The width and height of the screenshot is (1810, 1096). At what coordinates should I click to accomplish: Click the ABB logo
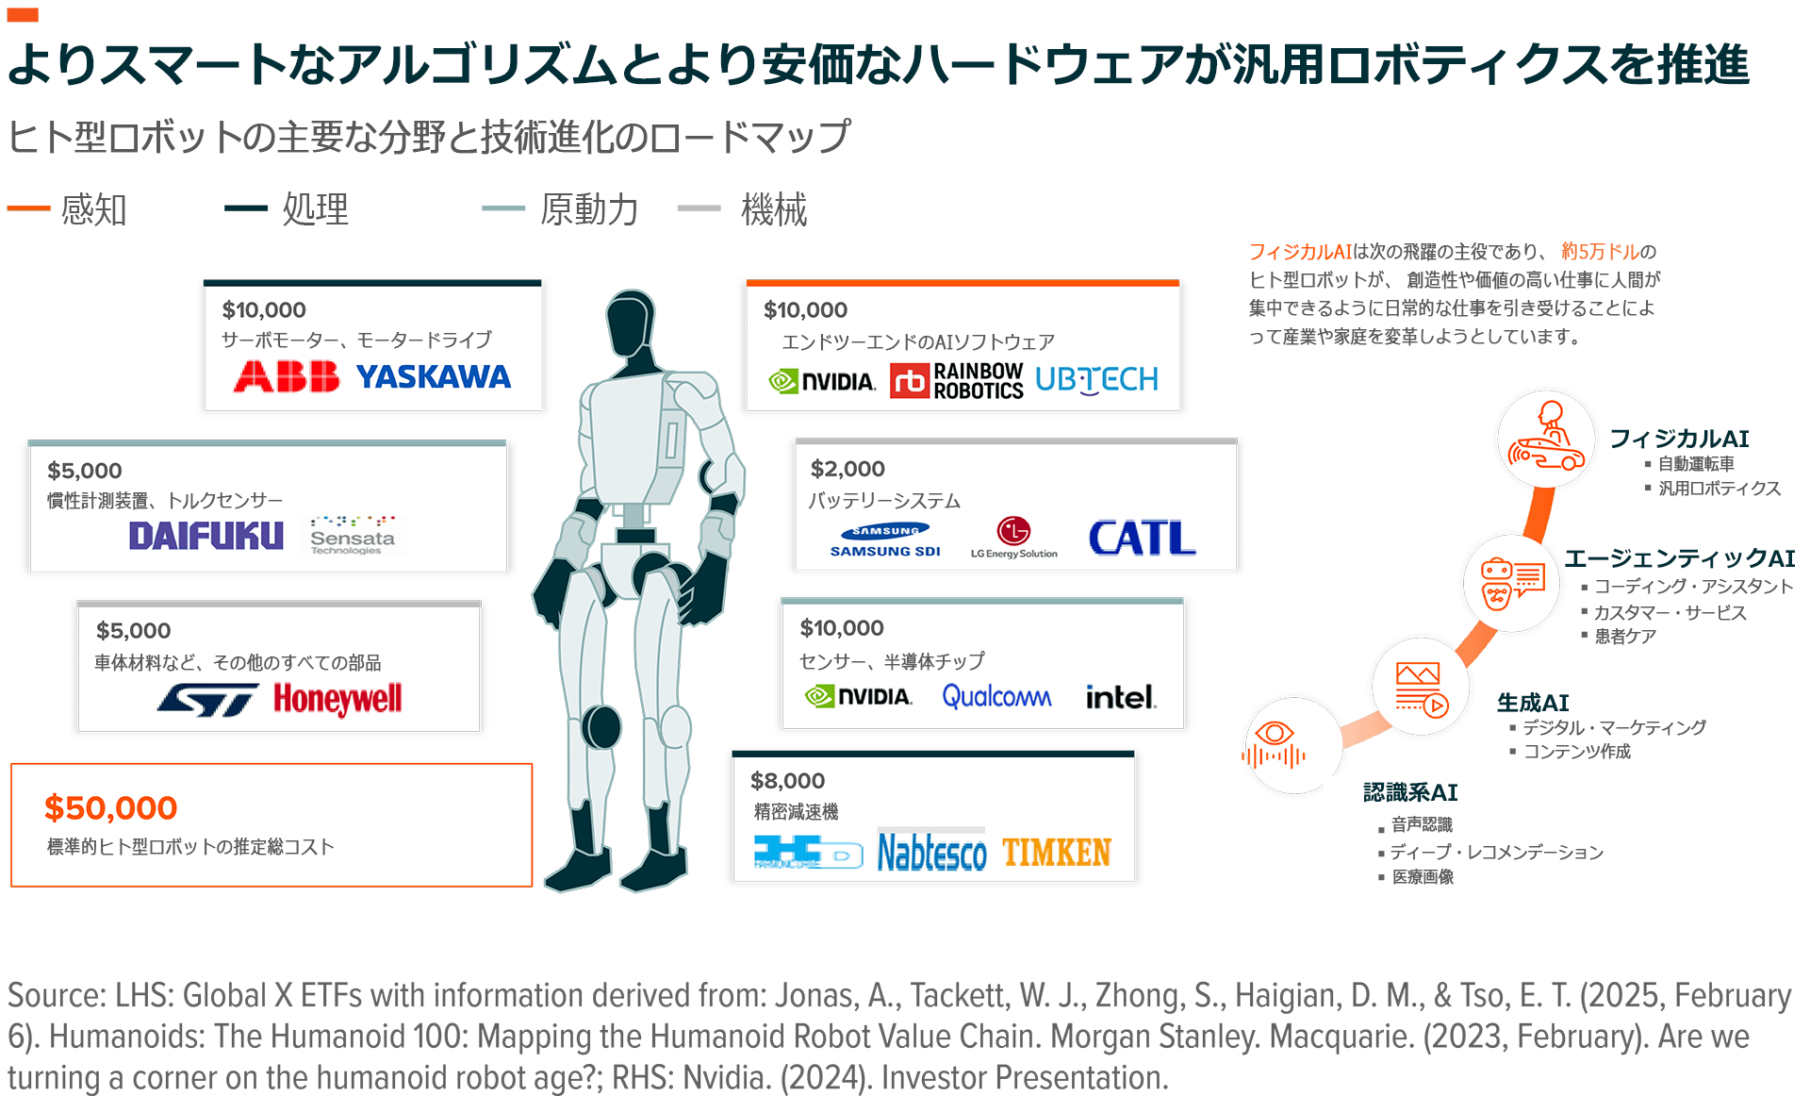click(x=286, y=376)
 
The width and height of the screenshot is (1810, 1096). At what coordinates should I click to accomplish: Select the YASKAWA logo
click(x=433, y=377)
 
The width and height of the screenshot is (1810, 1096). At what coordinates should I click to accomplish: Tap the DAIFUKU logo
click(x=206, y=536)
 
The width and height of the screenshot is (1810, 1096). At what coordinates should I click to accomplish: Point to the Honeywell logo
click(x=337, y=699)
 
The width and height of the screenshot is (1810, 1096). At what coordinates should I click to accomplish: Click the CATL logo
click(x=1142, y=538)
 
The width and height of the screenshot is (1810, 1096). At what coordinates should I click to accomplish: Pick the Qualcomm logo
click(x=996, y=697)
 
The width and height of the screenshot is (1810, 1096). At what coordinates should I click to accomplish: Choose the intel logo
click(x=1120, y=697)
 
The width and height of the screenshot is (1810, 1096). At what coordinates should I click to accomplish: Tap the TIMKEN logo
click(x=1057, y=853)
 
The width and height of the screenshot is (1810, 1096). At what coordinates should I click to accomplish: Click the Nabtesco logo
click(x=931, y=853)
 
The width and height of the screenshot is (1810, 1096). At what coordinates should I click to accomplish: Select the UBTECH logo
click(x=1096, y=380)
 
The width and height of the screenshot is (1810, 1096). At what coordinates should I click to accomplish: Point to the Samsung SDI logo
click(x=884, y=540)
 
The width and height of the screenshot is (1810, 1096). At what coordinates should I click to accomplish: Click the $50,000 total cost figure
click(x=110, y=808)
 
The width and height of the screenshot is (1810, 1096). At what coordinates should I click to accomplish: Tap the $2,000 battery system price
click(x=847, y=469)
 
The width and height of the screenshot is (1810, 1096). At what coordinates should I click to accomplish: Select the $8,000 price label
click(x=787, y=781)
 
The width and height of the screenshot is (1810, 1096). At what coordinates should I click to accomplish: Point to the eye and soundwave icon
click(x=1275, y=745)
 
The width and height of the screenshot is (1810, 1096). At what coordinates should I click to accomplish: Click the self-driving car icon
click(x=1546, y=440)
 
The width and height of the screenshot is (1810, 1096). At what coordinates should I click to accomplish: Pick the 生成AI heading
click(x=1533, y=703)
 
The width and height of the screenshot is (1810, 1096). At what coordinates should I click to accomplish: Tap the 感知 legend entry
click(x=92, y=209)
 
